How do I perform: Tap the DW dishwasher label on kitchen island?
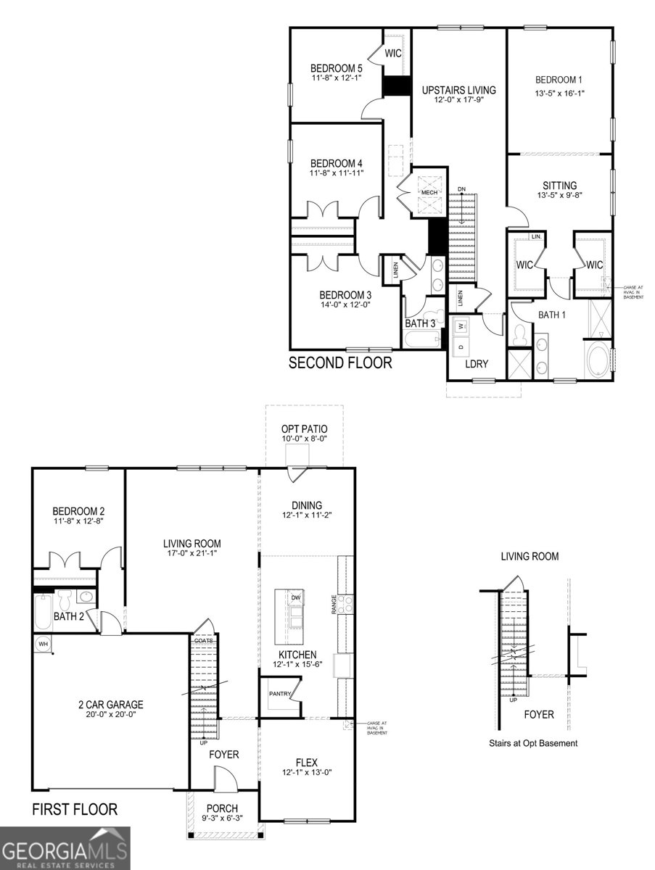click(296, 597)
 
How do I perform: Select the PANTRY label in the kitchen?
click(279, 694)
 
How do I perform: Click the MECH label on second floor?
click(429, 192)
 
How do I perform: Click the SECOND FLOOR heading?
click(340, 362)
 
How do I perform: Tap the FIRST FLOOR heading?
click(74, 809)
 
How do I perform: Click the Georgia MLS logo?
click(65, 848)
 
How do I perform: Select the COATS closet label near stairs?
click(204, 640)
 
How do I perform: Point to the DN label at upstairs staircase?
click(461, 190)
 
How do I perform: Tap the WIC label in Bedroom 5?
click(393, 54)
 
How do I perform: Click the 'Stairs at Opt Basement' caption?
click(532, 743)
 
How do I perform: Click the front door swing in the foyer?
click(226, 782)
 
